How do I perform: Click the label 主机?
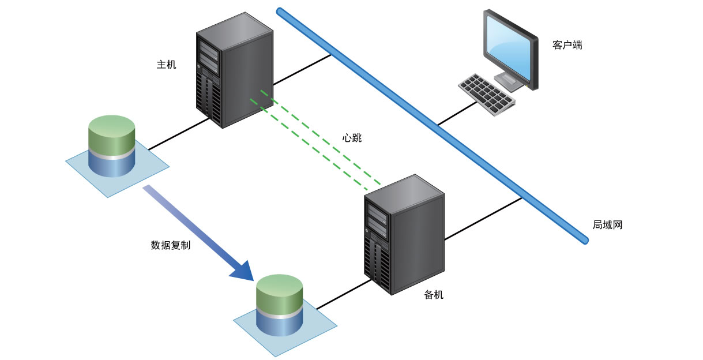click(166, 65)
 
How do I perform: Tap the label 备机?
click(434, 295)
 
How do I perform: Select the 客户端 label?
click(567, 45)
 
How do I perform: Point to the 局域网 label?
click(607, 225)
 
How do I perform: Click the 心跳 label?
click(352, 138)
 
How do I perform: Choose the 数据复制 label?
click(171, 245)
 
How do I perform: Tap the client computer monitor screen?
click(507, 47)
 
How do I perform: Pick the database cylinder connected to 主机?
click(111, 146)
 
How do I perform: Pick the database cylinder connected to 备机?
click(279, 305)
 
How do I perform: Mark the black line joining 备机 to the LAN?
click(483, 219)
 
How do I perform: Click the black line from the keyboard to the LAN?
click(456, 114)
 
